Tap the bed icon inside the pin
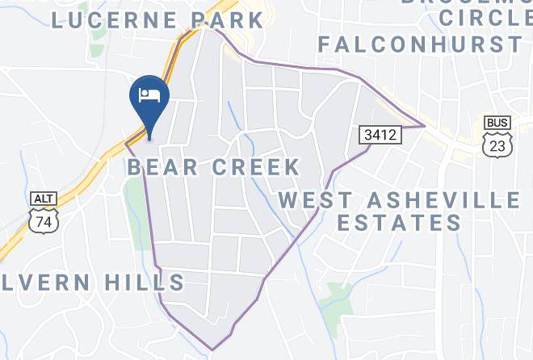point(149,95)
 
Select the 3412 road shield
point(379,135)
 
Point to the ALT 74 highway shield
point(42,212)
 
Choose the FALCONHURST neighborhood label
point(419,44)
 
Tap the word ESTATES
point(399,223)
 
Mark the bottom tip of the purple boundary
point(212,350)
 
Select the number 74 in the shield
point(42,220)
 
